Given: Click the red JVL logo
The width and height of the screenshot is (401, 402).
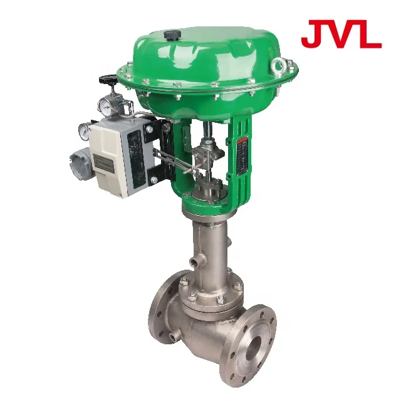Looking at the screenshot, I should [x=341, y=34].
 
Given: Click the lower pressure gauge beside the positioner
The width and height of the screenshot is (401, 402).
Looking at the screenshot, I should [x=84, y=130].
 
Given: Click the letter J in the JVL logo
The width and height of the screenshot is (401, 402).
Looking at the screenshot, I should [x=311, y=34].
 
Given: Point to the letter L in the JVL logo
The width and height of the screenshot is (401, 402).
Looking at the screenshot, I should [x=369, y=34].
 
